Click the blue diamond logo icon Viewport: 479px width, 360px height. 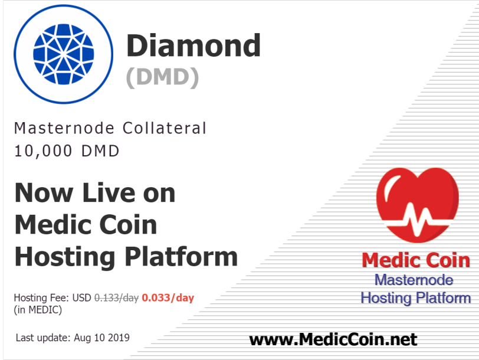[x=63, y=54]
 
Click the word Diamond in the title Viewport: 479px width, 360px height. [x=193, y=45]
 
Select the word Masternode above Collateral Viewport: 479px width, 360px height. [x=64, y=128]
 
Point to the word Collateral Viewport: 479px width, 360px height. [x=165, y=128]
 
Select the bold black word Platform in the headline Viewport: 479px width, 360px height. [x=181, y=257]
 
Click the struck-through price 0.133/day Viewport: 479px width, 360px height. [x=116, y=297]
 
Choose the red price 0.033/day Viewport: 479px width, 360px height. [x=168, y=297]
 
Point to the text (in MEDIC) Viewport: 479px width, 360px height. [x=38, y=310]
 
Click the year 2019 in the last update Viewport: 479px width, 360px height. [x=119, y=338]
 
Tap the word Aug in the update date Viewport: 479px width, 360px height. [x=83, y=338]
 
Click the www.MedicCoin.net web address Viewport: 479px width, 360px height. [x=333, y=339]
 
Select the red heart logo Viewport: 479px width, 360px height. [x=418, y=205]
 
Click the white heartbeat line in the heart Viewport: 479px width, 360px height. [x=418, y=218]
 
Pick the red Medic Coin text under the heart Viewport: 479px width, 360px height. [x=416, y=260]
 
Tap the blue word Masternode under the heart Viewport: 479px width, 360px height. [x=414, y=280]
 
